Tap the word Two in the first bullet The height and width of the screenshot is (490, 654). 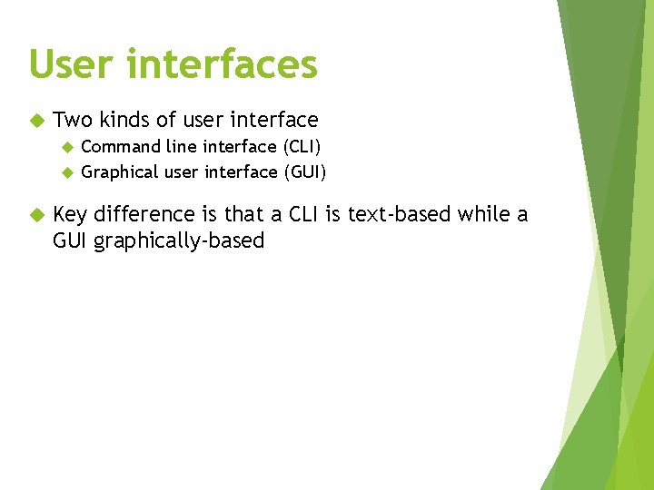(74, 120)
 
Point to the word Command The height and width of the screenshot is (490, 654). (121, 147)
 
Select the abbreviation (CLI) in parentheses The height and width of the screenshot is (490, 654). (301, 147)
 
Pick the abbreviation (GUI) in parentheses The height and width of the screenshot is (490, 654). (304, 172)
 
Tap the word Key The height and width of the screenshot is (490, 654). (71, 214)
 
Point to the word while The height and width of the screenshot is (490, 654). (483, 214)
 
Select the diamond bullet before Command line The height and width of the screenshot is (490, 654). (65, 147)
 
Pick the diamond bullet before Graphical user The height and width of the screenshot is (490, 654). (65, 172)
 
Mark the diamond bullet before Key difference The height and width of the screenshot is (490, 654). (35, 215)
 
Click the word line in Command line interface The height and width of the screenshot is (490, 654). (183, 147)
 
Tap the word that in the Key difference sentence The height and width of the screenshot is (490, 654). (243, 214)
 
